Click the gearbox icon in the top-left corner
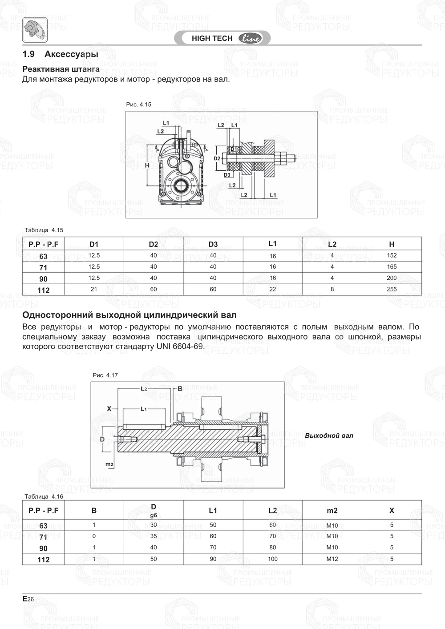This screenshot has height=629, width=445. pos(34,30)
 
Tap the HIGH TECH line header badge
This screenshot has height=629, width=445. pos(226,38)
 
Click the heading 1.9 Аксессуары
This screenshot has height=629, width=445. pos(60,54)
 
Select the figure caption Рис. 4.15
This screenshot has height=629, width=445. pos(138,105)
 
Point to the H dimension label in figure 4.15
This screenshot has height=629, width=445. pos(147,165)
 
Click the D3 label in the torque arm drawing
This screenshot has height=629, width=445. pos(227,175)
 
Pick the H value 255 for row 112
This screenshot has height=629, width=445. pos(391,289)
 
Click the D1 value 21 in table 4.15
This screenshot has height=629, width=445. pos(94,289)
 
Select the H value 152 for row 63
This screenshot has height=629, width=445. pos(391,255)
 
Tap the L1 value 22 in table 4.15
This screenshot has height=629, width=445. pos(272,289)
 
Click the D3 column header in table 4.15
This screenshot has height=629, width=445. pos(213,244)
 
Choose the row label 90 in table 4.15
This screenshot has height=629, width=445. pos(43,279)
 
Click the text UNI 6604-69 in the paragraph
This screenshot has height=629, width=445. pos(180,347)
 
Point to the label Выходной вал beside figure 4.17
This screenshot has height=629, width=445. pos(329,435)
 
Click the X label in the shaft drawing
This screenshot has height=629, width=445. pos(109,408)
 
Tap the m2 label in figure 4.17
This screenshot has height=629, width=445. pos(109,464)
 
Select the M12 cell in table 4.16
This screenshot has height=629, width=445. pos(332,559)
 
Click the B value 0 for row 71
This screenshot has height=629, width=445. pos(94,536)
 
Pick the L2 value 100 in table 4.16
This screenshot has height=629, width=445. pos(272,559)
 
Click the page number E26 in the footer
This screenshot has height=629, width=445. pos(28,599)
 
